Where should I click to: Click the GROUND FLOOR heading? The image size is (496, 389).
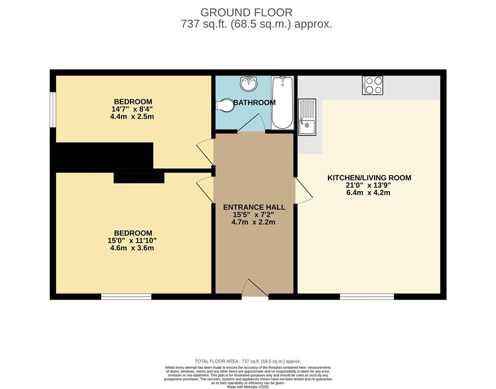246,13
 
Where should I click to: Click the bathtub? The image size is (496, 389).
282,103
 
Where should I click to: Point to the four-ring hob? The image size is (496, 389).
372,85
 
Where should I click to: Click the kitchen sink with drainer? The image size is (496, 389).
307,117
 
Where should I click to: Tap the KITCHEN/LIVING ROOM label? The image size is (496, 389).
369,177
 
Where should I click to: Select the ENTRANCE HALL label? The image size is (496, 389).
254,207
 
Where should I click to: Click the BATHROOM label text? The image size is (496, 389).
254,103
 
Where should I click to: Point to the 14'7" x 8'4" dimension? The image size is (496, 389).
132,109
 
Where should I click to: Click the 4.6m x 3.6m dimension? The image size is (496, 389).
132,248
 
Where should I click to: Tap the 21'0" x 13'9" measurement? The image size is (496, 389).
368,185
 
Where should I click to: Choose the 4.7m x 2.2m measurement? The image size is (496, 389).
254,222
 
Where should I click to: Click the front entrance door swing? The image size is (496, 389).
255,288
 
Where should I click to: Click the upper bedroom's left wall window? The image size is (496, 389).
53,110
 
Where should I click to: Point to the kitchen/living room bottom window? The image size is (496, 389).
367,297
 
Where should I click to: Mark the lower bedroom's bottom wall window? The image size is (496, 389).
126,297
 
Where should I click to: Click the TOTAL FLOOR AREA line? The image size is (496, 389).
248,361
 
